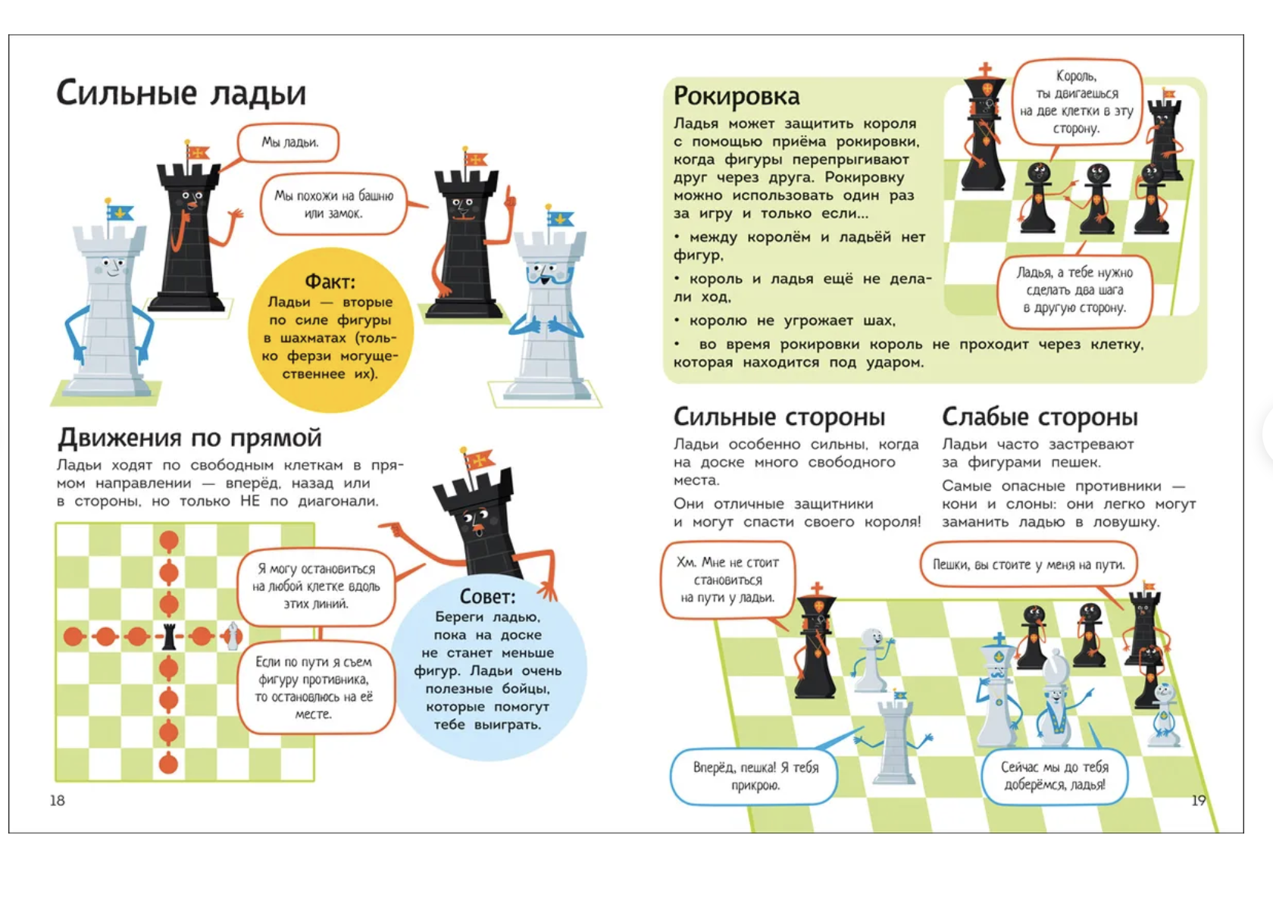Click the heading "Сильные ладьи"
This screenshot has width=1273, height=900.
click(x=181, y=93)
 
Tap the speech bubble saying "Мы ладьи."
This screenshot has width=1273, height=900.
click(x=289, y=142)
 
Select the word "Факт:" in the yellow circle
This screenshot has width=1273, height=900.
click(x=330, y=282)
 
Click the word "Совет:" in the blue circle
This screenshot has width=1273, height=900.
click(x=487, y=596)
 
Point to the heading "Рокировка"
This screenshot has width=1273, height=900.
click(x=736, y=96)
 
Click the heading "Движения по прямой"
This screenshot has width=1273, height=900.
click(x=189, y=438)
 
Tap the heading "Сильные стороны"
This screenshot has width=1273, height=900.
click(x=779, y=417)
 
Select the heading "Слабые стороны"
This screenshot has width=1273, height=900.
click(x=1040, y=417)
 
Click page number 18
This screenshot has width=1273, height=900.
click(x=58, y=801)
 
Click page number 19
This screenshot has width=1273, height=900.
click(x=1198, y=801)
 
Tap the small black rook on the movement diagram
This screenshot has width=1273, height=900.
click(x=170, y=636)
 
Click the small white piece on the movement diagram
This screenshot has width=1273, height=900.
click(x=233, y=636)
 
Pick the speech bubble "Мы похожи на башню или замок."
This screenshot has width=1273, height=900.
click(x=333, y=205)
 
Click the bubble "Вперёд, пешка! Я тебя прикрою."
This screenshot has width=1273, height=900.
click(x=755, y=777)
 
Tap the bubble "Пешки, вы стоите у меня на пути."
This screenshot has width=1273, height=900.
click(x=1028, y=564)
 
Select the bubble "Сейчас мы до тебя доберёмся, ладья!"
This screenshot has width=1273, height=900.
click(x=1054, y=776)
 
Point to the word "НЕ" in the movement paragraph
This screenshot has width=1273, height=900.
click(x=250, y=502)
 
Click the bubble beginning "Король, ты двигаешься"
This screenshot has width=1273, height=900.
click(x=1076, y=102)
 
